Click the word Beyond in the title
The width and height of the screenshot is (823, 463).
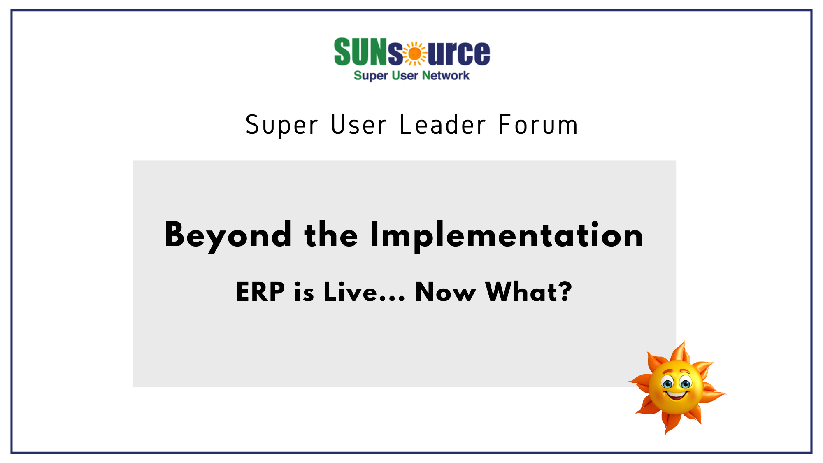coord(228,236)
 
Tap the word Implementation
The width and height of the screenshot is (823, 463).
coord(507,235)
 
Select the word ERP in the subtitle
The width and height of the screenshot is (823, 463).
coord(260,292)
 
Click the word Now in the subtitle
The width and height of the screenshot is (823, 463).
coord(446,292)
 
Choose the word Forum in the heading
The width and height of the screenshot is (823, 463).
coord(538,125)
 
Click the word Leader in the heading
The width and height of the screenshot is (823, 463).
coord(443,125)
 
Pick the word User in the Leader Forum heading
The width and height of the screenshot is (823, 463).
coord(358,125)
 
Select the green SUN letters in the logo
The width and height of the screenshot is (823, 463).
coord(360,51)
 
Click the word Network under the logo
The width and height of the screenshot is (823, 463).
coord(446,76)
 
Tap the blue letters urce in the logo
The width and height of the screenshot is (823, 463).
coord(459,53)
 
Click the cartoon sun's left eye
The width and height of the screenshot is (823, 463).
coord(667,384)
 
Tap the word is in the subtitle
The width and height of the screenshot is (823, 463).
coord(304,292)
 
